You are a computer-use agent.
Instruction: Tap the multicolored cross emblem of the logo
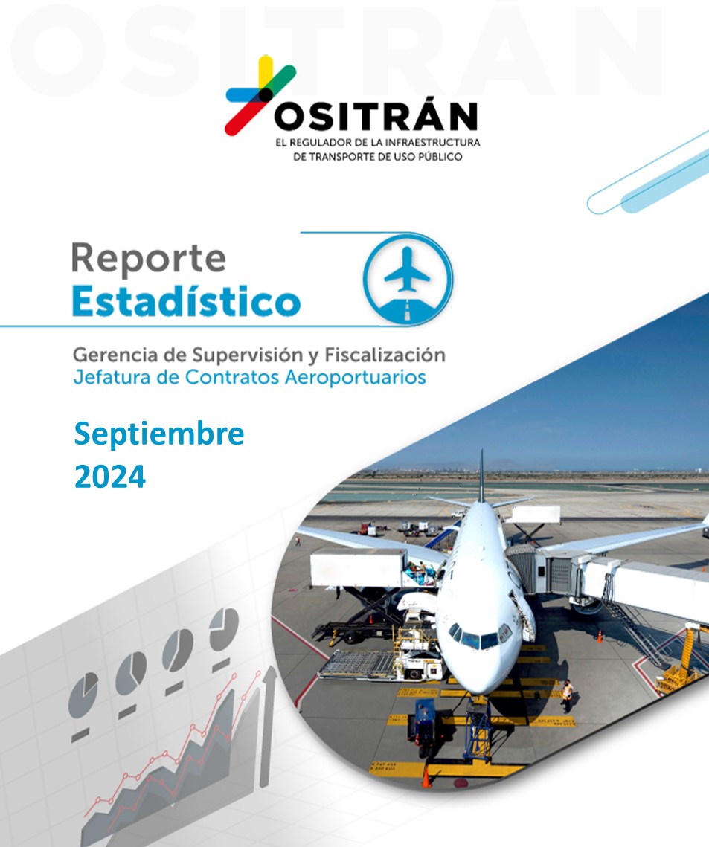260,94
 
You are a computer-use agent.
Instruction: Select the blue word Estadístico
187,301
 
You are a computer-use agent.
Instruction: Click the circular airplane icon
408,280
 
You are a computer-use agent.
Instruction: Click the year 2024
109,477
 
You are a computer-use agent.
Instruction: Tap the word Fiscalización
385,355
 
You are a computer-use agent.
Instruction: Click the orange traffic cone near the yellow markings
426,776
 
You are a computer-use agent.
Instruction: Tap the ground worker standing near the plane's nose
567,696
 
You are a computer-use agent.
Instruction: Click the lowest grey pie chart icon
83,694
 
